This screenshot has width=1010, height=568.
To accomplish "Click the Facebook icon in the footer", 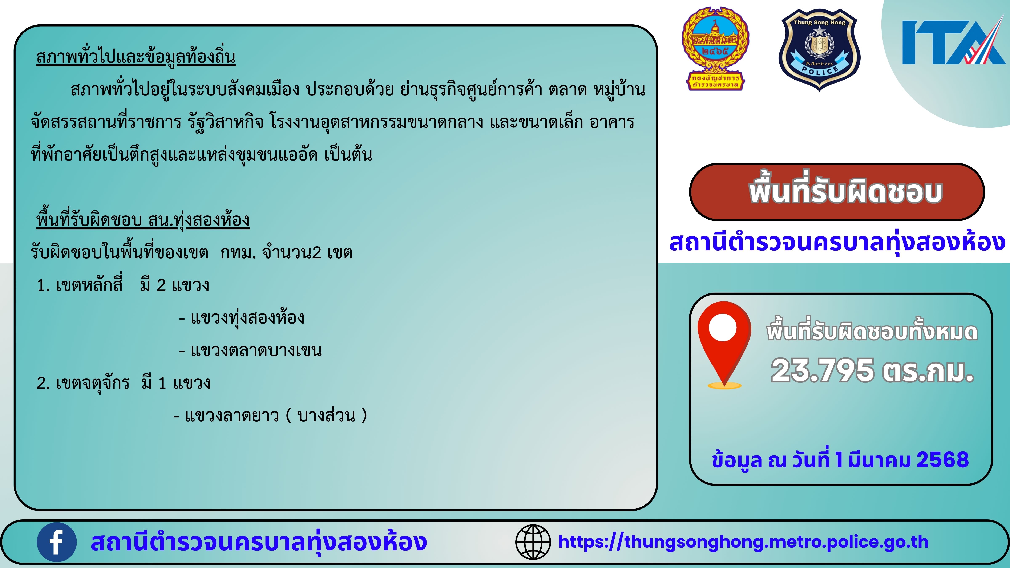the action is click(56, 542).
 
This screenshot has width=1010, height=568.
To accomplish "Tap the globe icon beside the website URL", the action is click(533, 542).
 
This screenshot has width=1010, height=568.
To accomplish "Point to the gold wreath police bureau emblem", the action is click(716, 48).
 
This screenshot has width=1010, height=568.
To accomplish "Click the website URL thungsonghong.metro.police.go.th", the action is click(743, 542).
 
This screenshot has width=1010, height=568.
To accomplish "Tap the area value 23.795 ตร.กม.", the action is click(872, 370).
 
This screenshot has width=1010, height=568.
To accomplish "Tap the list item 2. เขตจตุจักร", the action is click(83, 383).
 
